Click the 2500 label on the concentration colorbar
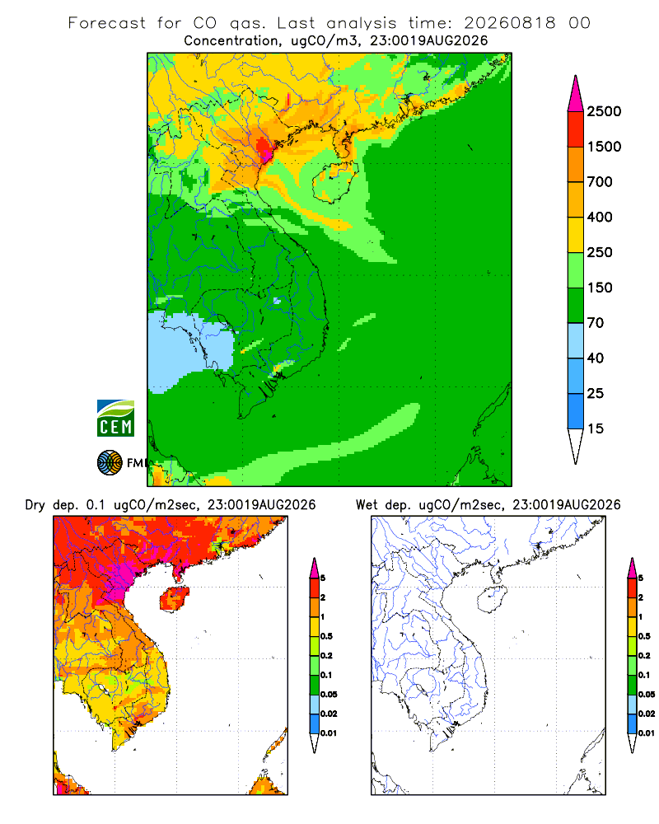[604, 111]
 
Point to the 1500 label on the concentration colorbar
[604, 147]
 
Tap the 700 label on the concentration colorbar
[600, 182]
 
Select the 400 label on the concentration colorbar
[600, 217]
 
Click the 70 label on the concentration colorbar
[596, 323]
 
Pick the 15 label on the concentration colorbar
[596, 428]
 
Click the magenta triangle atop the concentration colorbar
[576, 94]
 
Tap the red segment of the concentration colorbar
[576, 129]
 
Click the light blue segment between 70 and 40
[576, 340]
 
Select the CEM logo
[115, 419]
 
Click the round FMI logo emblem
[110, 463]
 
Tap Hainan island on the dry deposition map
[174, 598]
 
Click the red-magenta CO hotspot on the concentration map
[264, 147]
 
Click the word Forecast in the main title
[107, 23]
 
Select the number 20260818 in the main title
[510, 23]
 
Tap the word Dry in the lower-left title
[35, 505]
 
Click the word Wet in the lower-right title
[367, 505]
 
